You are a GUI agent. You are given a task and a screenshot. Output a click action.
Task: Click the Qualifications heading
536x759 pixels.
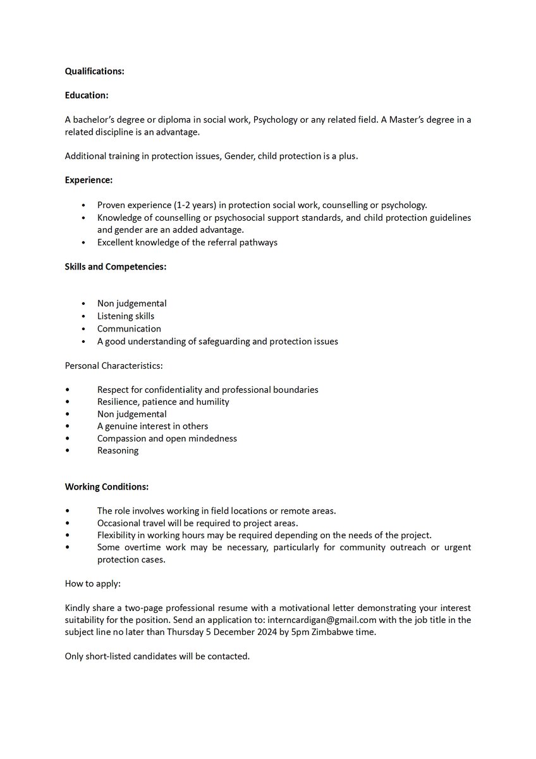click(95, 71)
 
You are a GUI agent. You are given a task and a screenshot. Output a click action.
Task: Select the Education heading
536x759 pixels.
click(87, 96)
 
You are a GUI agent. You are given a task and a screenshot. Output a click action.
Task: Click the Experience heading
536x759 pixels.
click(88, 180)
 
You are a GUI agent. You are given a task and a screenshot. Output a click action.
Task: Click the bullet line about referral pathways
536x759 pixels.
click(187, 242)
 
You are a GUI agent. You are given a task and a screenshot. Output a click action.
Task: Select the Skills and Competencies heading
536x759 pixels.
click(116, 267)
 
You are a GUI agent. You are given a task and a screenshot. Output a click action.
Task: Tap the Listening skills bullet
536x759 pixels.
click(126, 316)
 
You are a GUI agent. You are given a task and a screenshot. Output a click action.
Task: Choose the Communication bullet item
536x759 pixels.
click(129, 329)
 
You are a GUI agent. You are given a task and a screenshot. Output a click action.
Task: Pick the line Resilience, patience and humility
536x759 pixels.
click(163, 402)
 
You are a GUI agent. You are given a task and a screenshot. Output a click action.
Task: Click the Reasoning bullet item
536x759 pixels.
click(118, 451)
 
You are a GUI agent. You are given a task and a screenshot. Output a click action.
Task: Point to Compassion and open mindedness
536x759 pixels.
click(167, 438)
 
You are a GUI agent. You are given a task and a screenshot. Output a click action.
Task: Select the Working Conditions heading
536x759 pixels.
click(107, 487)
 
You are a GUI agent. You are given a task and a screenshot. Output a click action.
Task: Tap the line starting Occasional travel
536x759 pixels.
click(197, 523)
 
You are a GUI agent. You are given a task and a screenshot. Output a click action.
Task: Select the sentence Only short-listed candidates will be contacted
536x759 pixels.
click(157, 657)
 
